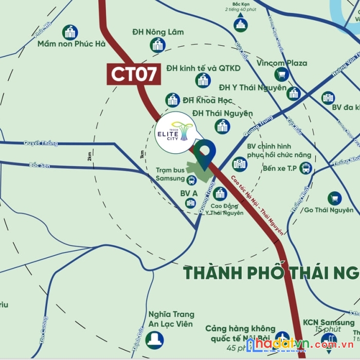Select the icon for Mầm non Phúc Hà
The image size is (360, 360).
coord(70,32)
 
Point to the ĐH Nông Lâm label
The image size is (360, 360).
coord(158,32)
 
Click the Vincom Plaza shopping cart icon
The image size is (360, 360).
coord(281,75)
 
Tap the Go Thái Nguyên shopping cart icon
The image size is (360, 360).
coord(335,198)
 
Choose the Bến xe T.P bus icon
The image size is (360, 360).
coord(306,168)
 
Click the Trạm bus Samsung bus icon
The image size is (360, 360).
coord(191,180)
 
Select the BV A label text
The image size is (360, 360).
coord(189,193)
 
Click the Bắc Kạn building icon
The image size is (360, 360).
coord(240,24)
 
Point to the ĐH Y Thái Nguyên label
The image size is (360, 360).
coord(253,88)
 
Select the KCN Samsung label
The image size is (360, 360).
coord(321,322)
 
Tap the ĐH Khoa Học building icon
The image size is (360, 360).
coord(173,100)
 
